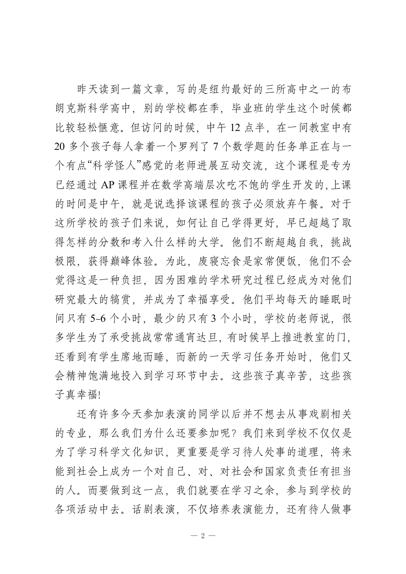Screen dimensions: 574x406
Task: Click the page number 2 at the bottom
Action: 203,536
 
